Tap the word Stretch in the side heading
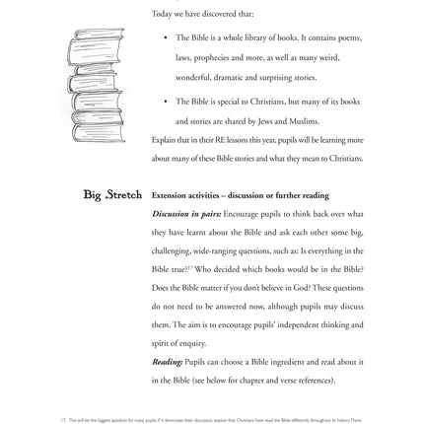[x=124, y=194]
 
